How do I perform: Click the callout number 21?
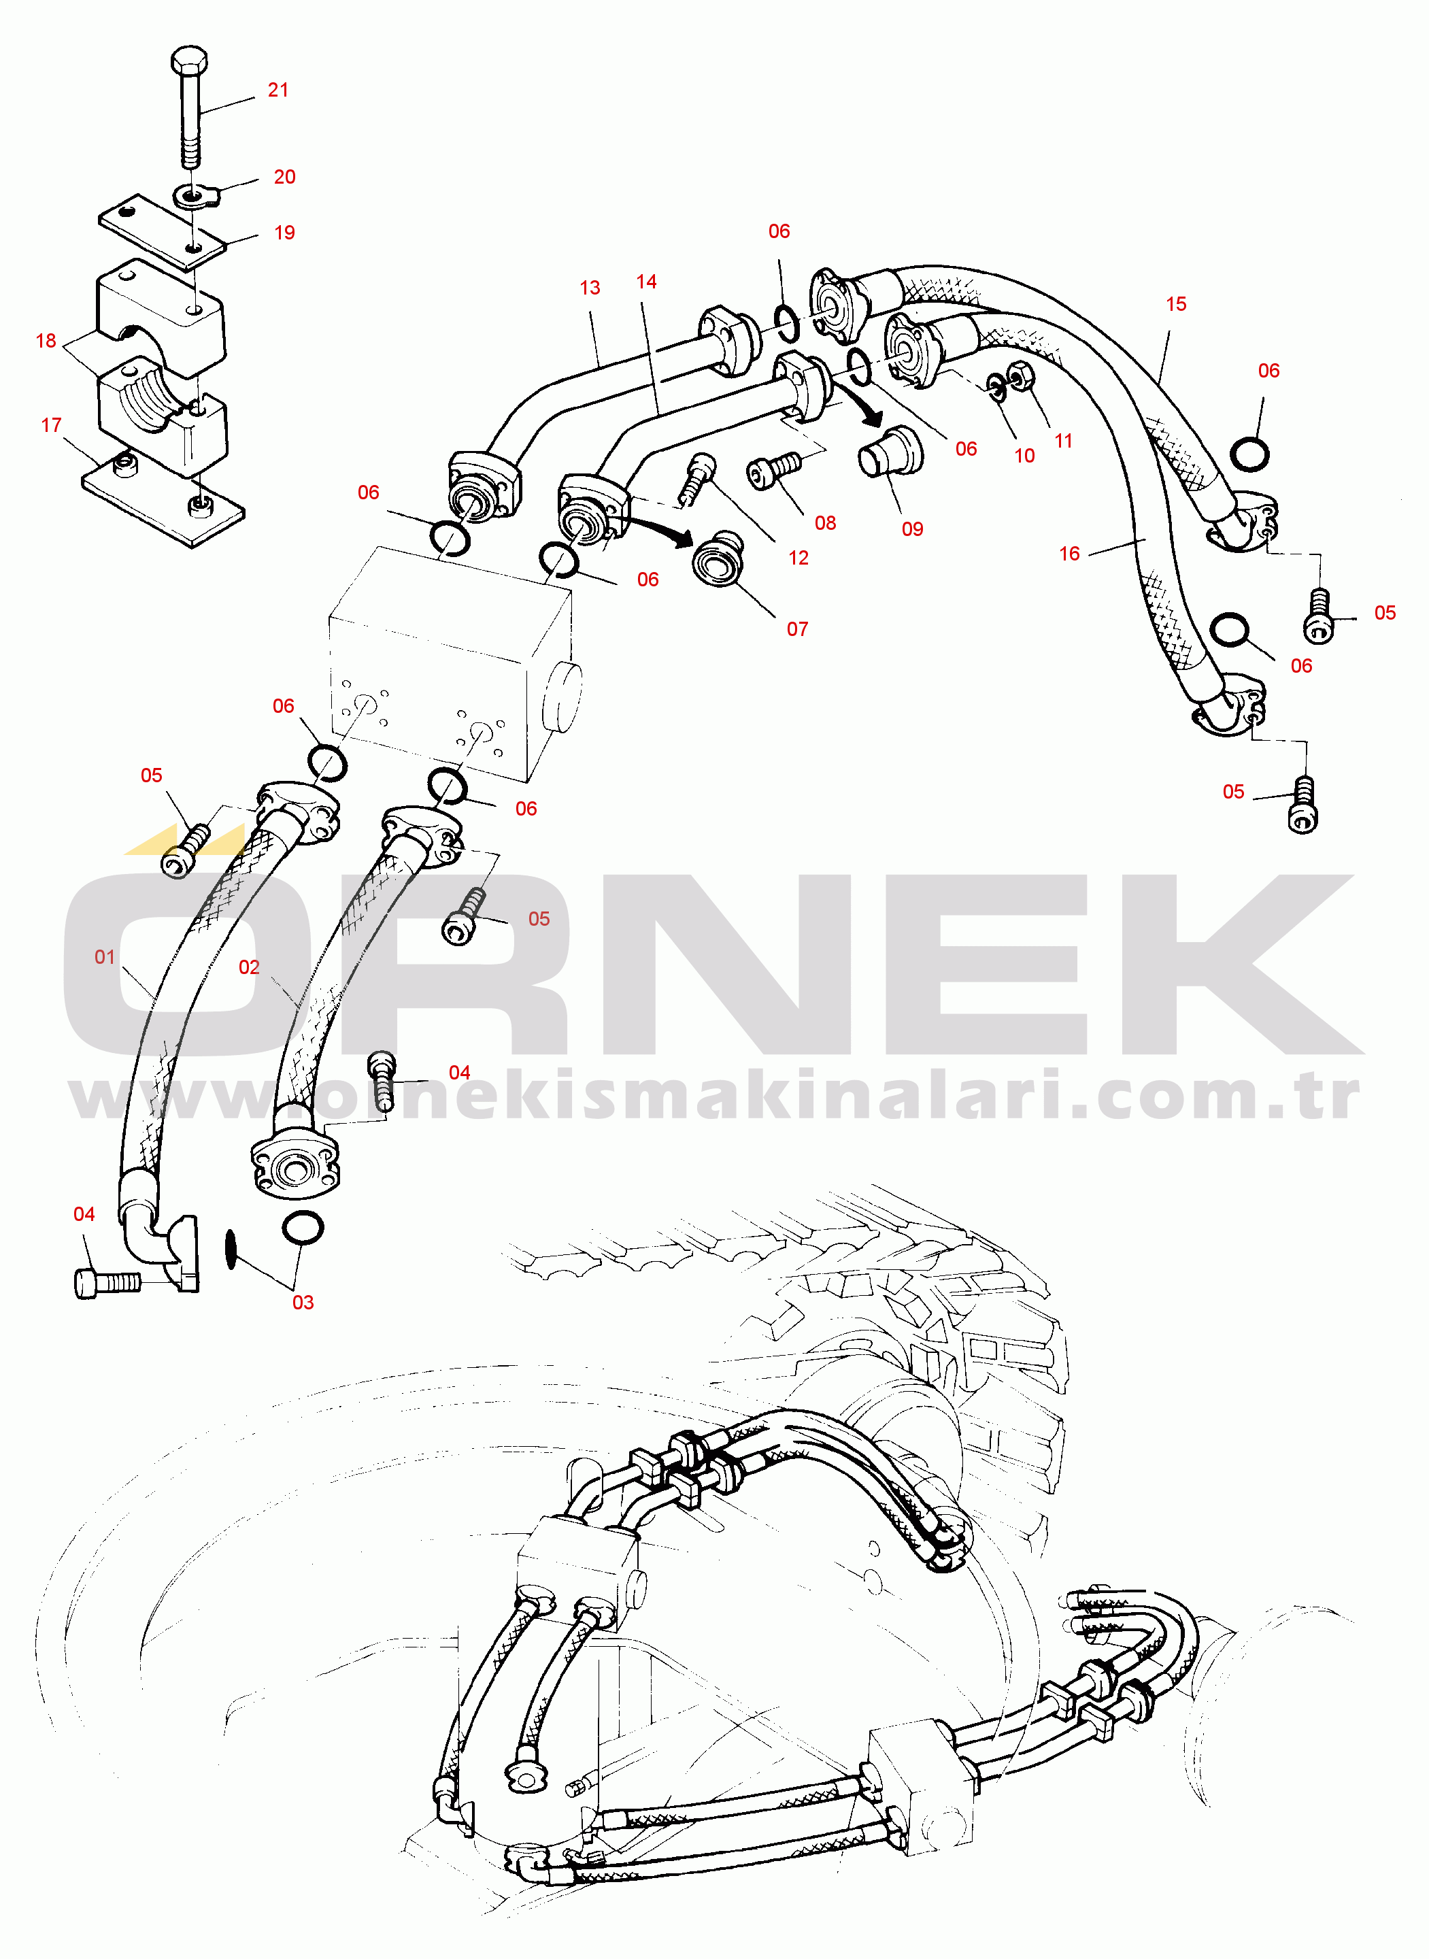click(x=278, y=90)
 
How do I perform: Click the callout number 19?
click(x=284, y=233)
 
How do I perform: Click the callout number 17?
click(x=51, y=424)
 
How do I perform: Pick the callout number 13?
click(x=590, y=288)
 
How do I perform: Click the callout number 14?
click(x=646, y=282)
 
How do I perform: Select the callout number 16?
click(x=1069, y=554)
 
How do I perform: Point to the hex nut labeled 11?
click(x=1022, y=376)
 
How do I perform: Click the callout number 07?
click(x=798, y=629)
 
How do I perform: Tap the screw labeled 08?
click(x=773, y=471)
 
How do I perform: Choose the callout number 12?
click(x=798, y=558)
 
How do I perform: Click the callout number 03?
click(x=303, y=1303)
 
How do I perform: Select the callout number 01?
click(x=105, y=956)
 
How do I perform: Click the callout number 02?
click(x=249, y=967)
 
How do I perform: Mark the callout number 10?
click(x=1024, y=456)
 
